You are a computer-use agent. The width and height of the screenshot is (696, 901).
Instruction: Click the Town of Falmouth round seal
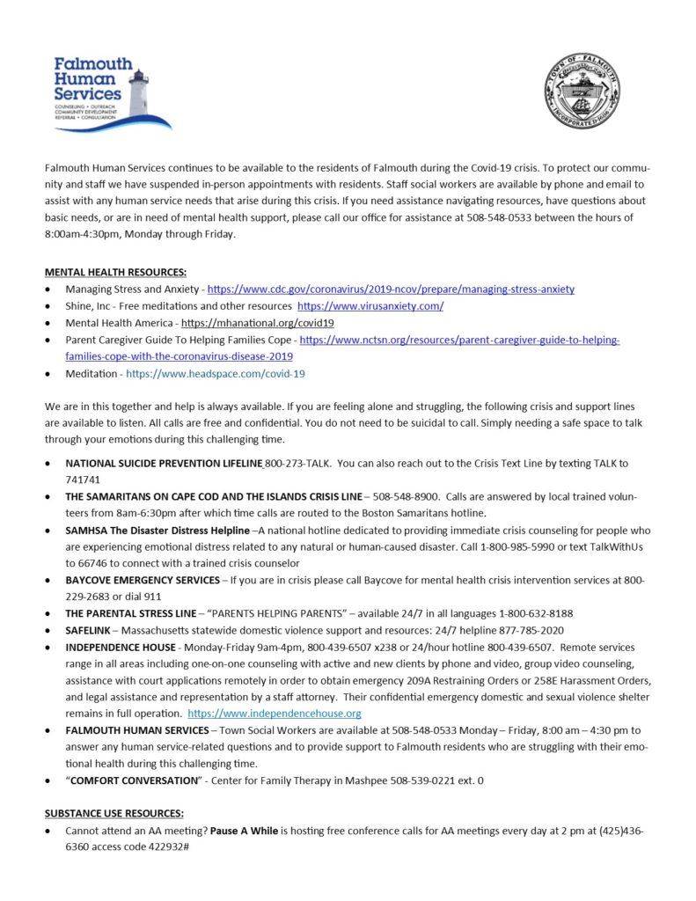580,92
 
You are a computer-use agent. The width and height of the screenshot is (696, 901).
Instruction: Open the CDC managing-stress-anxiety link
391,289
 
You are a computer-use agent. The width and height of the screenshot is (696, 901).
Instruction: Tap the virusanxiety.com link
370,305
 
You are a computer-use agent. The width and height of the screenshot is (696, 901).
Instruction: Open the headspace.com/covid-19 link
216,373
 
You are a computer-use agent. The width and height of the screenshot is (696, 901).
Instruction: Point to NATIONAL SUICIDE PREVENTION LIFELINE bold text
164,463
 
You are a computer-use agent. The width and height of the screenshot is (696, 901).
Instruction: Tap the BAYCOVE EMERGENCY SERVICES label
143,580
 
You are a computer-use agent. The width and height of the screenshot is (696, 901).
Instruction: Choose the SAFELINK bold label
89,630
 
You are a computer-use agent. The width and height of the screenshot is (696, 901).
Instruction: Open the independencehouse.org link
275,713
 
